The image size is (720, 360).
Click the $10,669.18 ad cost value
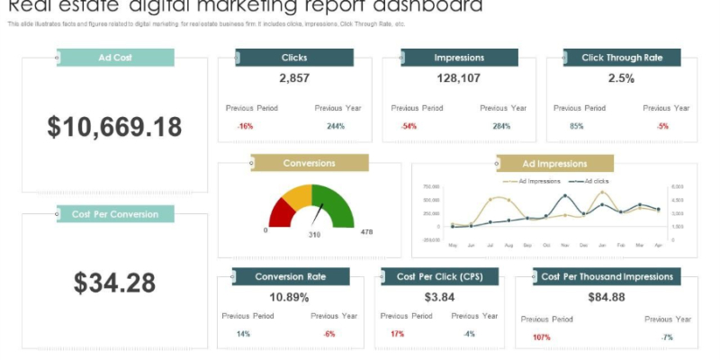(114, 127)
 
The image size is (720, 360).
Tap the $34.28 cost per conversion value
(114, 283)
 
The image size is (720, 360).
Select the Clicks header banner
(294, 58)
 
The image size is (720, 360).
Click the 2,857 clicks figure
(294, 78)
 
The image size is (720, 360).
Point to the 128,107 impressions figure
(459, 78)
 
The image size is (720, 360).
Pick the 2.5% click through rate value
(621, 78)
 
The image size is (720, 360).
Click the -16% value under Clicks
(245, 126)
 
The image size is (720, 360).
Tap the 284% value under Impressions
(501, 126)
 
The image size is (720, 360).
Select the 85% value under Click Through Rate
(577, 126)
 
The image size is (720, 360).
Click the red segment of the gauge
(282, 212)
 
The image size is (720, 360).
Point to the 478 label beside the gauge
(366, 232)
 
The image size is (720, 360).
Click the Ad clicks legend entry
(595, 181)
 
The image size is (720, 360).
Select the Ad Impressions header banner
(554, 164)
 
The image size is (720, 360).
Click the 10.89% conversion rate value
(289, 297)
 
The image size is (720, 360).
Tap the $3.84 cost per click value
(440, 297)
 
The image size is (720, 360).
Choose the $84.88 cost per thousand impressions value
(606, 297)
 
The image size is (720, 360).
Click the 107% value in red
(542, 337)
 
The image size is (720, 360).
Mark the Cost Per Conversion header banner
(114, 214)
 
